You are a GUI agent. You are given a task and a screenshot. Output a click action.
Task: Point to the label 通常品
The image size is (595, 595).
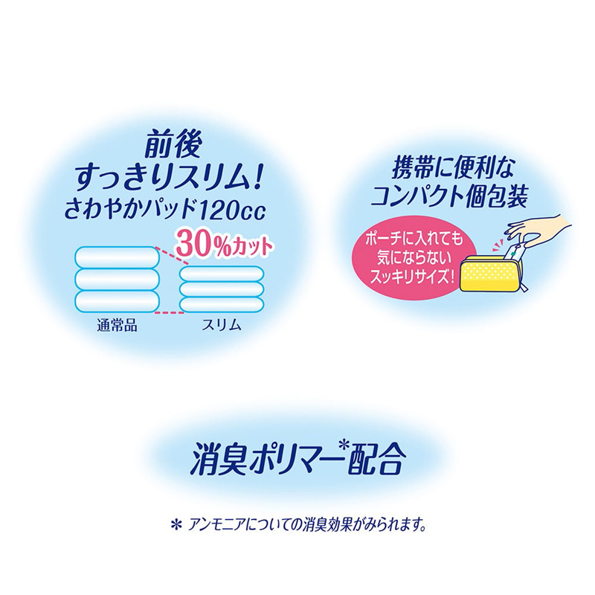[117, 325]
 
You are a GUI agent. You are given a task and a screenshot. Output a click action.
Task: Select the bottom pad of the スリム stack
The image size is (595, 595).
[220, 305]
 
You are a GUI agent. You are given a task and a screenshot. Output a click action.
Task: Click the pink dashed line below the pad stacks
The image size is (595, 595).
[172, 312]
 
